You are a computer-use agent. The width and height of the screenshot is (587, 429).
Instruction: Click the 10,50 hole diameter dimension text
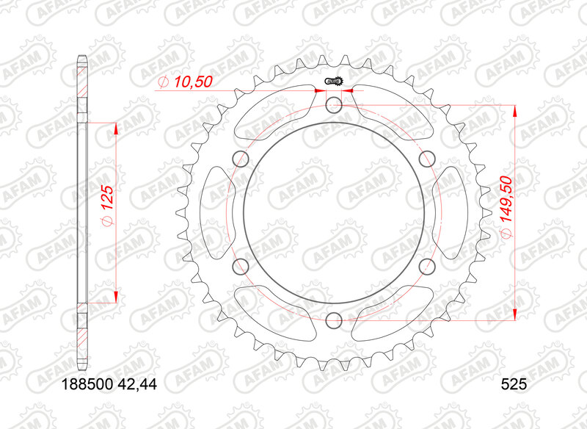click(x=193, y=83)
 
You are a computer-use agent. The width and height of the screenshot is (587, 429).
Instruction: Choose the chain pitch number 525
click(x=513, y=383)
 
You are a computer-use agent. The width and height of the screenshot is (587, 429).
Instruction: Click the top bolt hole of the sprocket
click(x=333, y=104)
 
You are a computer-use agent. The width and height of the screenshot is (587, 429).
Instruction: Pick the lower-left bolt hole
click(x=240, y=266)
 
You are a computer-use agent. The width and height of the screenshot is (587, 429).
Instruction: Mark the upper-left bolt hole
click(x=240, y=157)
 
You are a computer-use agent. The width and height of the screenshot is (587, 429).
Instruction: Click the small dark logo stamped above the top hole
click(x=335, y=82)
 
